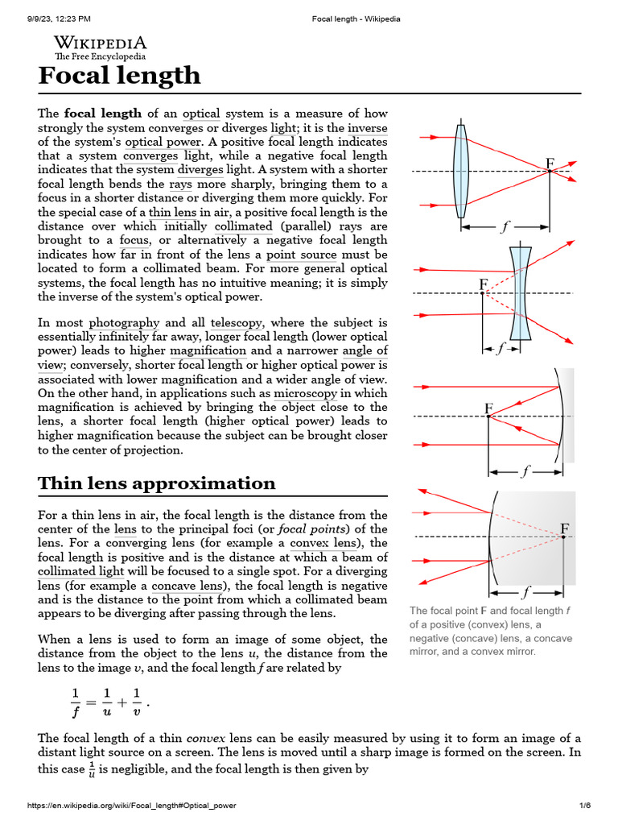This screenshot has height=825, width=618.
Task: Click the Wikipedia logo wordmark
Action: [100, 44]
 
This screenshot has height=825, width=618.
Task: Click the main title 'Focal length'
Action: [119, 76]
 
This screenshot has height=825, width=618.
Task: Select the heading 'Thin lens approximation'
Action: [156, 483]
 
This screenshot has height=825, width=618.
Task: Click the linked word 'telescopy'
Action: [237, 322]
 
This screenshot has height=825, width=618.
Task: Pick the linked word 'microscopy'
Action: [305, 393]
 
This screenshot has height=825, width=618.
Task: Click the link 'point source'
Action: [297, 254]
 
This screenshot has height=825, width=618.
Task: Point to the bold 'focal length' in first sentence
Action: [103, 114]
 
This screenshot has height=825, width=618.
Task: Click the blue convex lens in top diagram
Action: [460, 171]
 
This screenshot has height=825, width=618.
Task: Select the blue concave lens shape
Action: [521, 293]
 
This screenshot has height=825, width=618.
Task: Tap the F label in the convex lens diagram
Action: [550, 164]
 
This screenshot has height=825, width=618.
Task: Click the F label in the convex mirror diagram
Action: [565, 529]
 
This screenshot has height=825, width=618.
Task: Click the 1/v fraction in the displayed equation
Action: [137, 701]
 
